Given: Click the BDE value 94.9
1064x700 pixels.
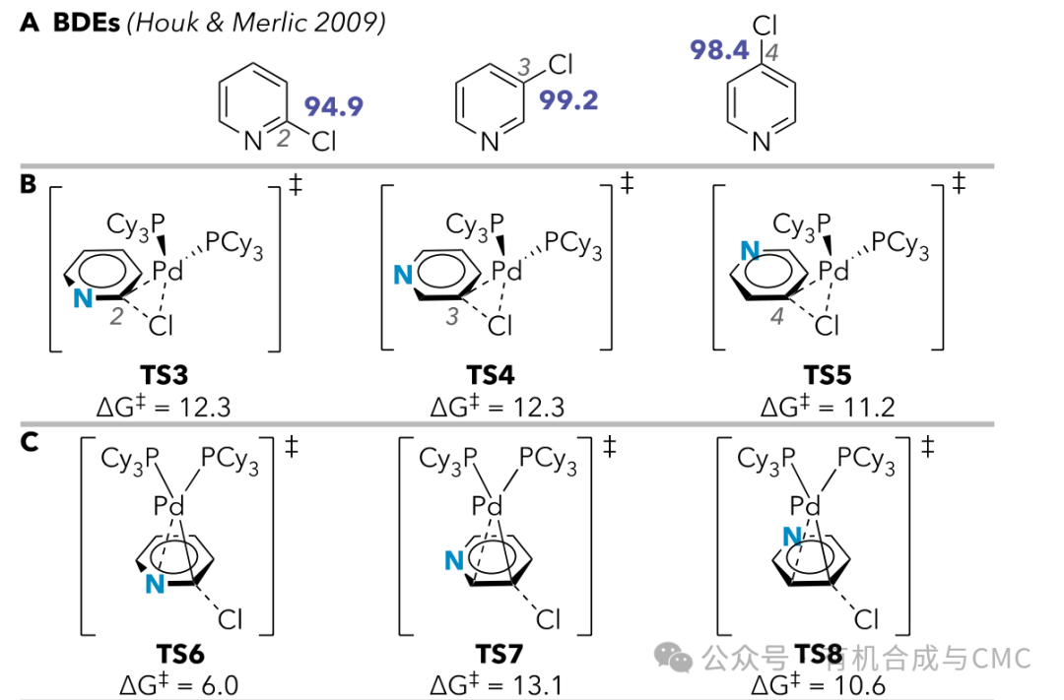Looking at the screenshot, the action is (333, 106).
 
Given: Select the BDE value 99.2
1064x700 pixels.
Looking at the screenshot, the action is (568, 99).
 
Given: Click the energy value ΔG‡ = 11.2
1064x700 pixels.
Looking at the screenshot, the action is (827, 406).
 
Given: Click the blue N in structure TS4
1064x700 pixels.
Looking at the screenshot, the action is (403, 277).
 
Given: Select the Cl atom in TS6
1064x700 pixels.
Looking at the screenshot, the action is (230, 620).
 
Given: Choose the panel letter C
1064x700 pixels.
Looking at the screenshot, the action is (30, 443).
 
